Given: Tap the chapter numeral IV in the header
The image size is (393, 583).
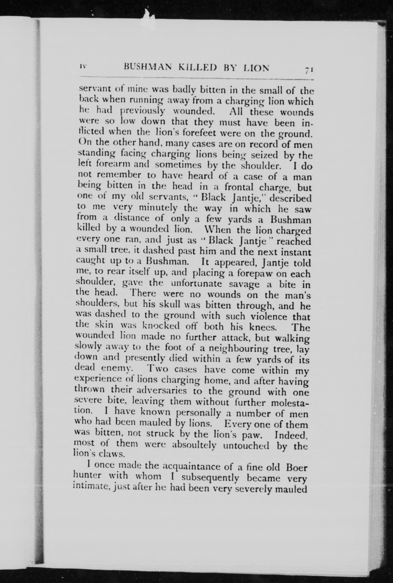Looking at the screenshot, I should coord(83,67).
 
